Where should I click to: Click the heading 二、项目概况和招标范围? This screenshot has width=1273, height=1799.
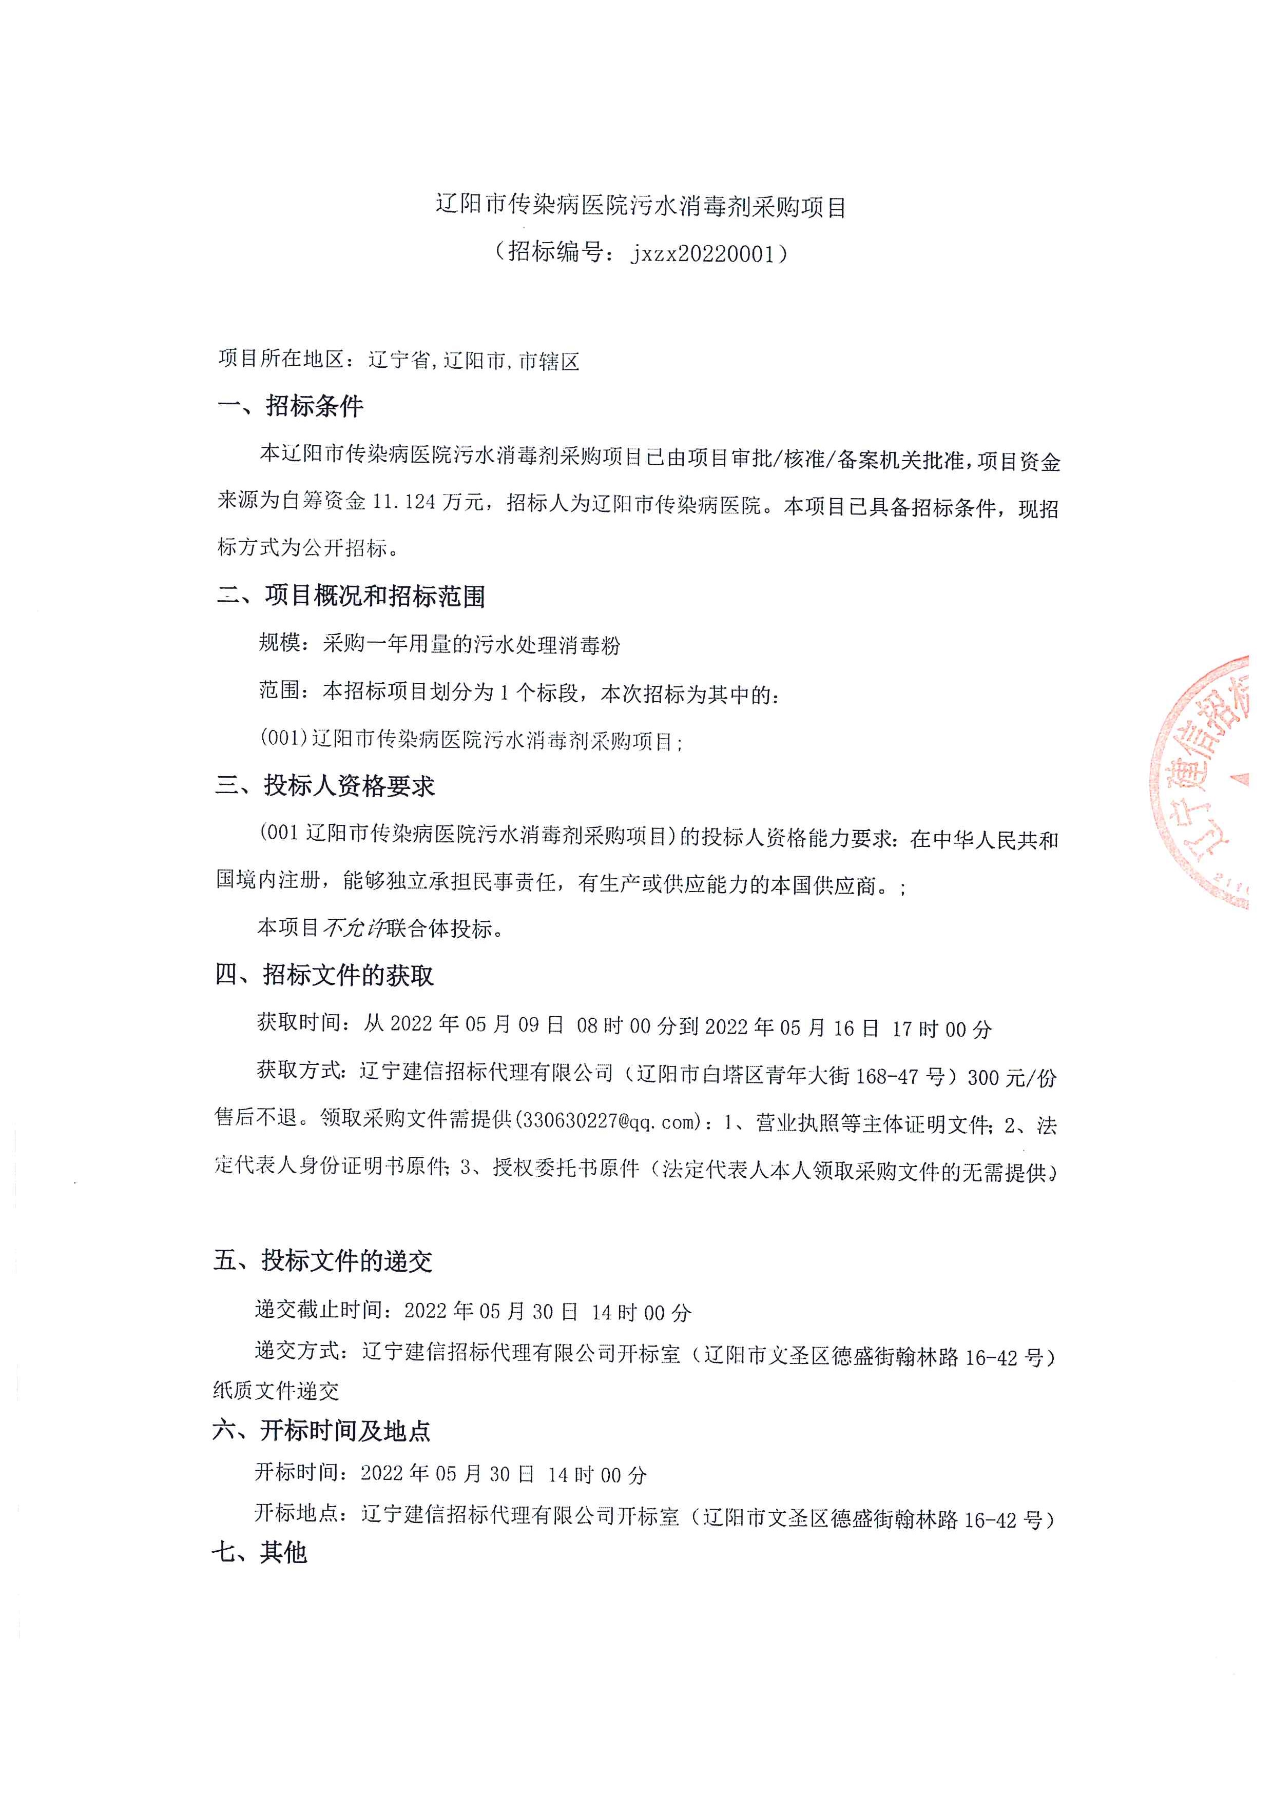351,596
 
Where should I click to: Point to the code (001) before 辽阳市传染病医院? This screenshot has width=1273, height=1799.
283,739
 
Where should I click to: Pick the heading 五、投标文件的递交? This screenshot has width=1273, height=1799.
322,1261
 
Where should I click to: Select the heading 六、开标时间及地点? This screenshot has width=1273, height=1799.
321,1431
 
